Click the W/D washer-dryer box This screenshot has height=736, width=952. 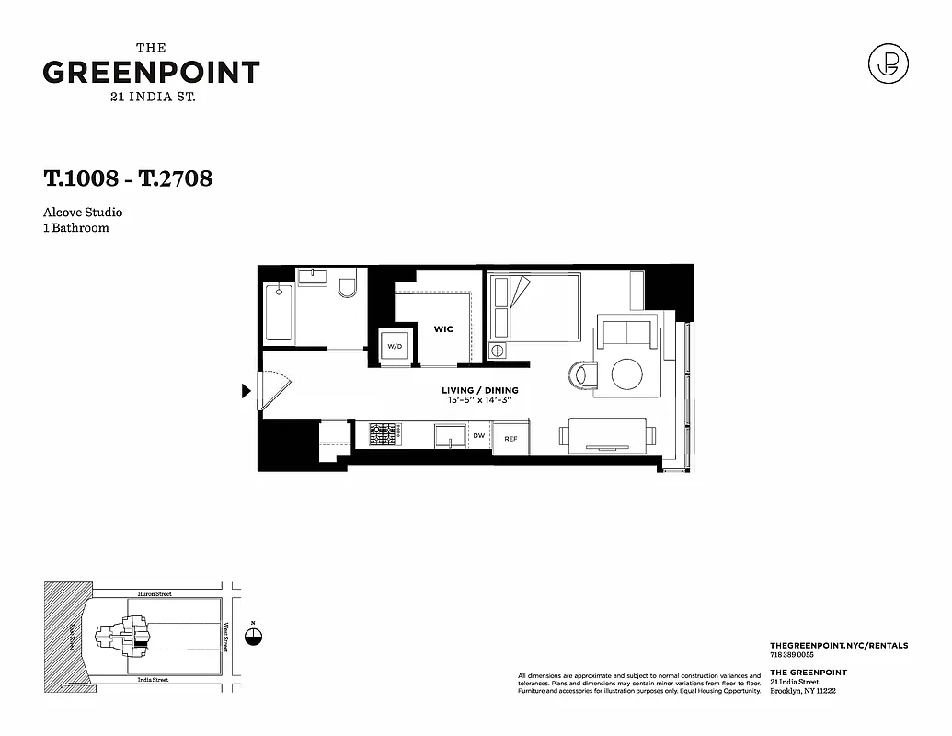[395, 347]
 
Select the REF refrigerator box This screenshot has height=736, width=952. [510, 439]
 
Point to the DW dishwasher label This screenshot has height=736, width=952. [478, 436]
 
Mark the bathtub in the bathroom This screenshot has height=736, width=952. [279, 313]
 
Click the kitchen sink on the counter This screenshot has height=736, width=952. [450, 434]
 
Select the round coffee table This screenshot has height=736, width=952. [628, 374]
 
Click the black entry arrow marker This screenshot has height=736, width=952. [246, 391]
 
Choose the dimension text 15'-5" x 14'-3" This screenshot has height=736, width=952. [479, 400]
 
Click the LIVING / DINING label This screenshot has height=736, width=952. [479, 390]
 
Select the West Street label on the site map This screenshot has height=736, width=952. [227, 637]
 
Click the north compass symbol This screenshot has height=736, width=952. [255, 637]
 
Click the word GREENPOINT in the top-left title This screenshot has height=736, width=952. [151, 72]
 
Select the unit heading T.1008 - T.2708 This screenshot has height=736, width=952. [128, 178]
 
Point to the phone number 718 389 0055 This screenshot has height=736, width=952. [791, 654]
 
